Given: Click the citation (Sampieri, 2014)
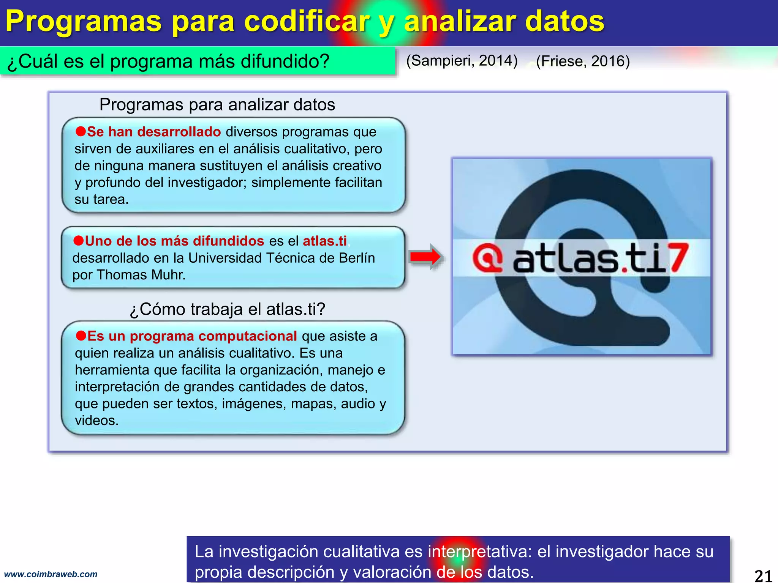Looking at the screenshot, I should click(462, 61).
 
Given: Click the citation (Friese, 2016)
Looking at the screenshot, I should click(583, 61).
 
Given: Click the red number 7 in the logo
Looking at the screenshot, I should click(678, 258).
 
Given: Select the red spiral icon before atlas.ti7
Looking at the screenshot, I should click(488, 258).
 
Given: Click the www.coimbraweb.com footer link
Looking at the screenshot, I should click(51, 574).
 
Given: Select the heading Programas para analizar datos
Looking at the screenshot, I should click(217, 105).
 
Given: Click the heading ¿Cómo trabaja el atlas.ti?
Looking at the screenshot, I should click(228, 309).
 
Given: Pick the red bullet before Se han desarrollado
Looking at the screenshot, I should click(81, 131).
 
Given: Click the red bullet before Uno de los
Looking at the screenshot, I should click(78, 241).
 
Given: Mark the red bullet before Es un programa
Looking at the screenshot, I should click(81, 336).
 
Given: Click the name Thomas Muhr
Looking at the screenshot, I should click(141, 275).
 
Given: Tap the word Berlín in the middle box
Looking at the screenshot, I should click(357, 258).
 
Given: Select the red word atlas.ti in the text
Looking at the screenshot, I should click(325, 241).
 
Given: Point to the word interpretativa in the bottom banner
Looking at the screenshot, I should click(480, 551).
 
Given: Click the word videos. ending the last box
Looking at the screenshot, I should click(96, 421).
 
